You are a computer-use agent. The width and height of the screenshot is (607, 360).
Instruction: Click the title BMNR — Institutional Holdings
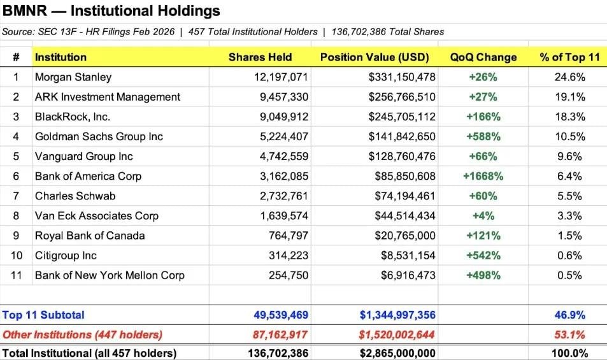click(x=111, y=11)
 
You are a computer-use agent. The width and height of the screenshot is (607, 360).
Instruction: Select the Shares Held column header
click(x=260, y=57)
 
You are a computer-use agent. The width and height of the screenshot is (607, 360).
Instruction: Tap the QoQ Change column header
click(x=483, y=57)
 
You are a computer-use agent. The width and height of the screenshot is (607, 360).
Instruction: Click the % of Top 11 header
click(x=569, y=57)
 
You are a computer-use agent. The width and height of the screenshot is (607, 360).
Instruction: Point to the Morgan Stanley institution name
click(x=73, y=77)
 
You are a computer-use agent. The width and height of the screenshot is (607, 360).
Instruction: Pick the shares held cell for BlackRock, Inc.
click(x=281, y=117)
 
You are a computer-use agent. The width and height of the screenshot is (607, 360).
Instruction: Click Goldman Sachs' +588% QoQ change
click(x=483, y=136)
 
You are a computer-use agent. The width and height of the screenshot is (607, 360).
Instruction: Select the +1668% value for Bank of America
click(x=483, y=176)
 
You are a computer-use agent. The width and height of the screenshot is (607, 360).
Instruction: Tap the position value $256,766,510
click(x=392, y=97)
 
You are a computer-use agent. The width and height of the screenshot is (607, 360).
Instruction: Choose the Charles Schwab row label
click(x=75, y=196)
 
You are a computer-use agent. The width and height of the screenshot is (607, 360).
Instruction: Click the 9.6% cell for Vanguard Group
click(x=570, y=156)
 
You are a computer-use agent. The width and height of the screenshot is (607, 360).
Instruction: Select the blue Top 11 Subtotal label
click(x=43, y=315)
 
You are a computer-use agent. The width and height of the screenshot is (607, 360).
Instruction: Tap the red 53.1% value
click(x=570, y=335)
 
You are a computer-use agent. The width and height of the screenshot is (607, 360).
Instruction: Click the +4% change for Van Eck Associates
click(x=483, y=215)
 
